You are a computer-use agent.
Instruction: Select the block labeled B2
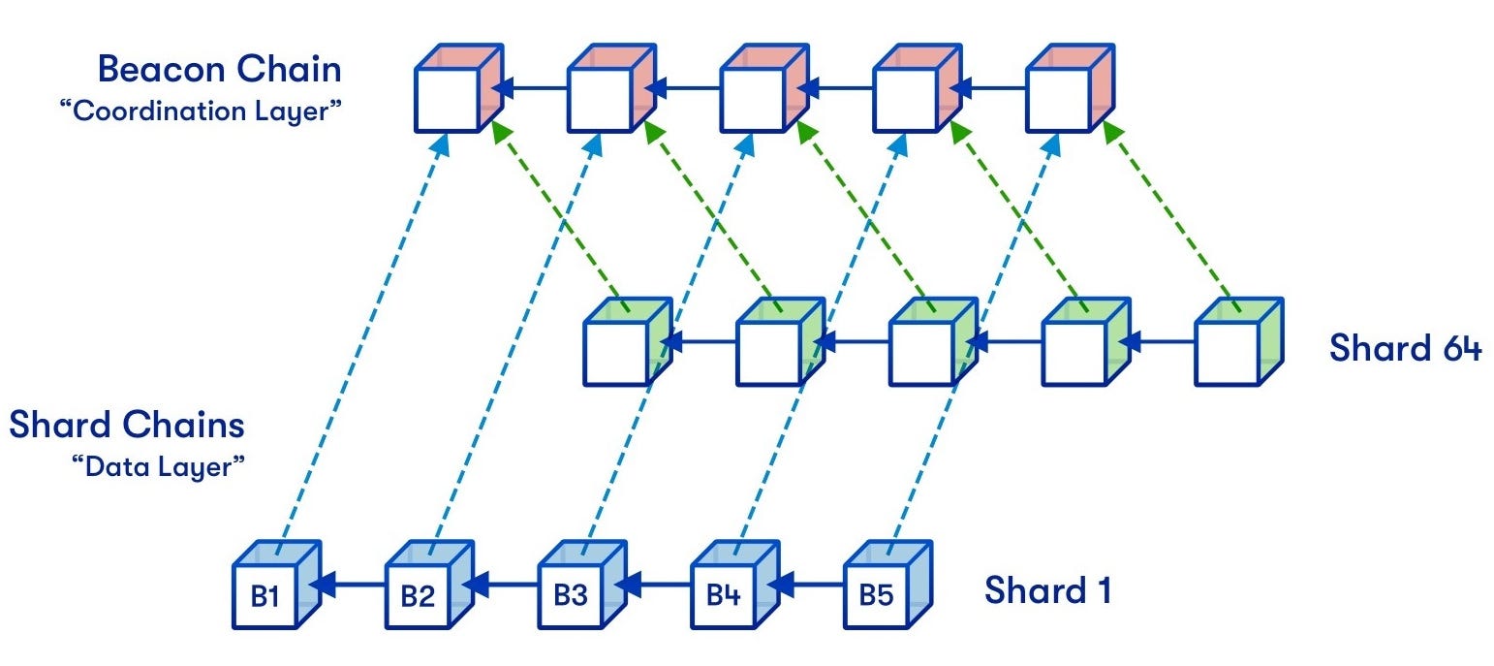(x=419, y=593)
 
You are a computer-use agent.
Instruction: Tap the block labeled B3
(x=572, y=593)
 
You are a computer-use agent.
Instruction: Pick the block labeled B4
(x=725, y=593)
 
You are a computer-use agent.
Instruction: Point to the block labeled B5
(x=877, y=593)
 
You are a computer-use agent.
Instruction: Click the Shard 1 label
(x=1047, y=590)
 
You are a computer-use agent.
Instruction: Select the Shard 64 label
(x=1405, y=347)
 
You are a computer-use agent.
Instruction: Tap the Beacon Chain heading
(x=220, y=69)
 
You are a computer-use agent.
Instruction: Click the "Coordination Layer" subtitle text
(x=201, y=111)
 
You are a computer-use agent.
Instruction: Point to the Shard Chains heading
(x=127, y=425)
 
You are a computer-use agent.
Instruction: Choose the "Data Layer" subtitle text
(x=157, y=466)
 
